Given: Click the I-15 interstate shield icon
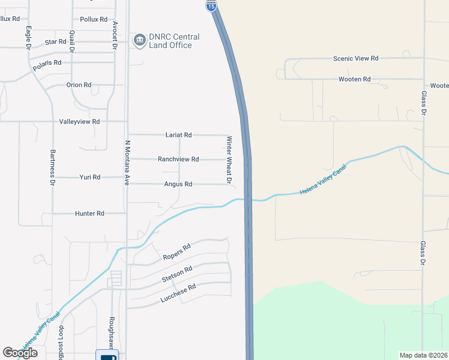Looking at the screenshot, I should click(x=211, y=6).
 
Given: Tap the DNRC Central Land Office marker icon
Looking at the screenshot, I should click(x=140, y=40).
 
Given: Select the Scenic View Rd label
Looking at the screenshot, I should click(x=356, y=59).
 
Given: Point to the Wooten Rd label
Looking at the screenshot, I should click(x=355, y=79).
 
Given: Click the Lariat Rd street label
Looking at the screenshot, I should click(x=178, y=135).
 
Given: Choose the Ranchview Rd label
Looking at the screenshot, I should click(x=178, y=159).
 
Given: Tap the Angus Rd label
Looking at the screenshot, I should click(x=178, y=184).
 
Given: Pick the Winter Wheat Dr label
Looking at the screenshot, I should click(x=229, y=159).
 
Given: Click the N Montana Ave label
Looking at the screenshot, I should click(x=127, y=163).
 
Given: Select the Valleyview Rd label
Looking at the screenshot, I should click(x=79, y=121).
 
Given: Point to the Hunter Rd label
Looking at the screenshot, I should click(x=89, y=213).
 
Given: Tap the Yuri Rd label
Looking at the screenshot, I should click(x=90, y=178).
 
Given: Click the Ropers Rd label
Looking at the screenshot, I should click(x=176, y=252).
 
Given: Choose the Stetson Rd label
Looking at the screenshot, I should click(x=176, y=275).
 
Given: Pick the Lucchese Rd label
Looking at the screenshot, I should click(x=178, y=292).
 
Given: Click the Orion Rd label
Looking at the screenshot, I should click(x=79, y=85).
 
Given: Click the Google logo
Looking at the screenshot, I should click(x=20, y=353).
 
